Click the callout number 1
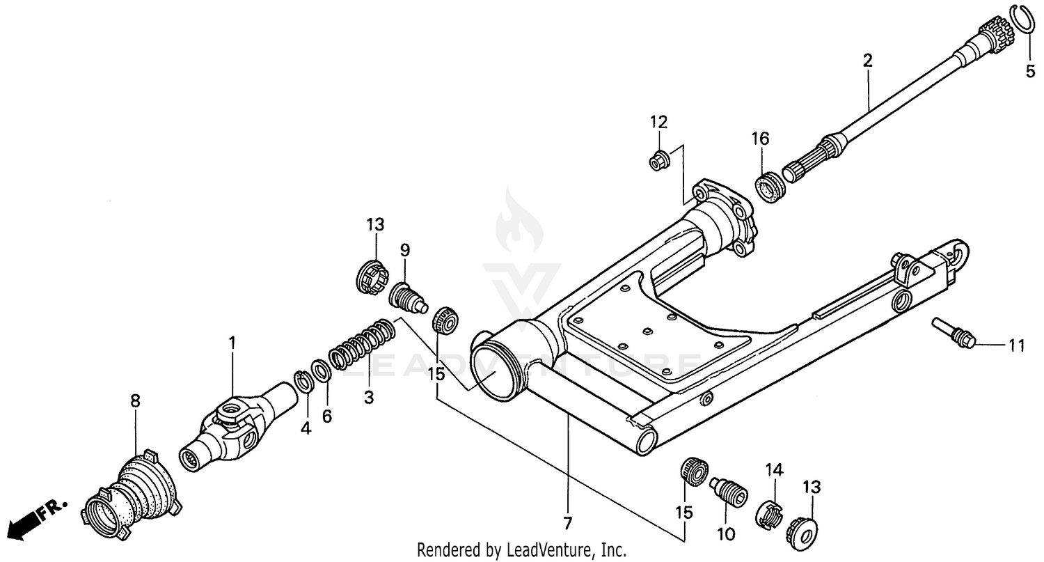pyautogui.click(x=232, y=343)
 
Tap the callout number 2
pyautogui.click(x=867, y=61)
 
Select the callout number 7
pyautogui.click(x=567, y=522)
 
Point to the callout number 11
pyautogui.click(x=1017, y=344)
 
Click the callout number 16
pyautogui.click(x=760, y=139)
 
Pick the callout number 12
pyautogui.click(x=659, y=122)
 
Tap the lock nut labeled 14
pyautogui.click(x=768, y=515)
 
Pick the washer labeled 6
pyautogui.click(x=322, y=370)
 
